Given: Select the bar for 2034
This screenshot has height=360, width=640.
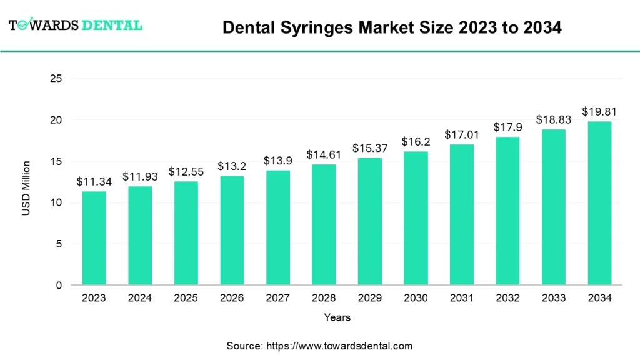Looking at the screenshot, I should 599,203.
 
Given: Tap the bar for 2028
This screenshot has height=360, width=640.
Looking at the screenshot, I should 324,225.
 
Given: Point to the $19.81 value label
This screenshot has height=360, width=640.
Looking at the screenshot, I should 599,112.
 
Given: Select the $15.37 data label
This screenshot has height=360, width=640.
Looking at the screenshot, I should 369,149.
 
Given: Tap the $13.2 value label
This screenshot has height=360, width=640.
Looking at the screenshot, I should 231,166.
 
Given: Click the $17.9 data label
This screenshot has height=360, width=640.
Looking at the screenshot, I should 507,127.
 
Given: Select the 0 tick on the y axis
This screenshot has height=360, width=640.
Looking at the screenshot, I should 59,286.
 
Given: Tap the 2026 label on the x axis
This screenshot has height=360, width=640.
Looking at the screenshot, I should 231,298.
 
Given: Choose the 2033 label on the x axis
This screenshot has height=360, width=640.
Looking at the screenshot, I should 553,298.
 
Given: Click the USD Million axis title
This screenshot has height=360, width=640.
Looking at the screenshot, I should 26,188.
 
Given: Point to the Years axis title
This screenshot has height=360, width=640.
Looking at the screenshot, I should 337,317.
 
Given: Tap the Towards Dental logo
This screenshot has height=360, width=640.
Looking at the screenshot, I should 75,26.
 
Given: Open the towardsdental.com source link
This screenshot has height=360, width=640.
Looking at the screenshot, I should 339,346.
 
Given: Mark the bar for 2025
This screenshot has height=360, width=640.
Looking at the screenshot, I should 186,233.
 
